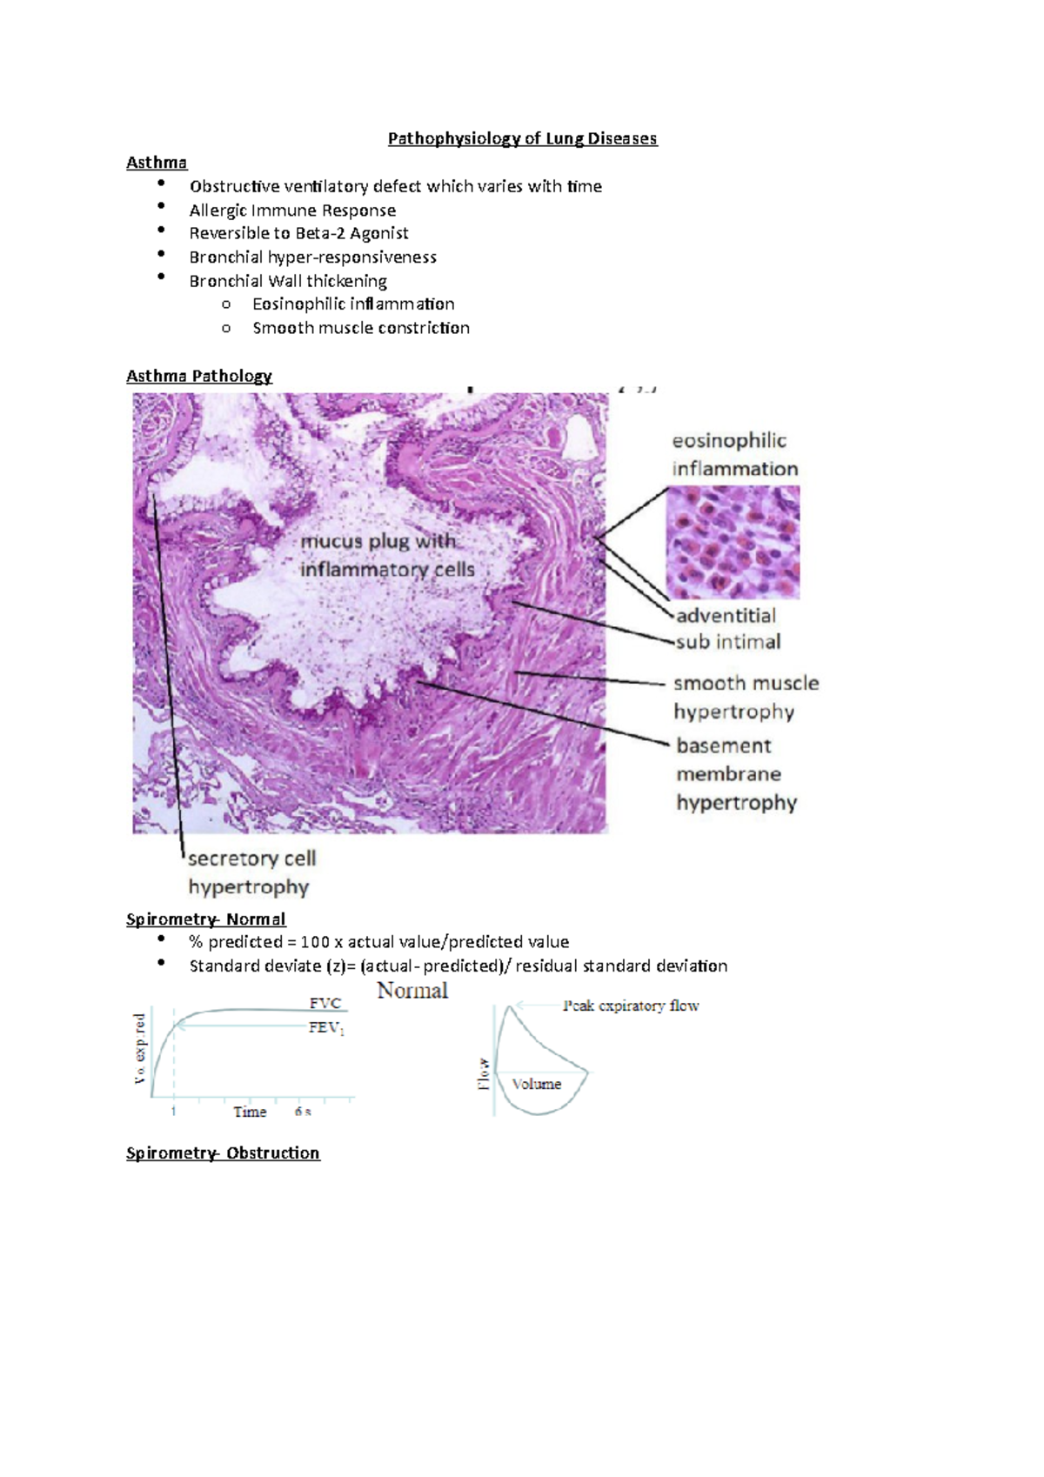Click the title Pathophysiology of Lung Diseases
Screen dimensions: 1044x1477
coord(522,138)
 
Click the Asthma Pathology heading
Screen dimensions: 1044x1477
coord(199,376)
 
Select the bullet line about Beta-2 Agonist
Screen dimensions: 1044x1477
coord(298,233)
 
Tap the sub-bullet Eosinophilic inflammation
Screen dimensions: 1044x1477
coord(353,304)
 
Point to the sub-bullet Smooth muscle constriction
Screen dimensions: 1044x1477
coord(360,328)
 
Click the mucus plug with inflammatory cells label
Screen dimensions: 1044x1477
coord(387,555)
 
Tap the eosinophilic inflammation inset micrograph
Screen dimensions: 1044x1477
coord(733,542)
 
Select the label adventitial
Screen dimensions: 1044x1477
coord(726,616)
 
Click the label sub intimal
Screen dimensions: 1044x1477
coord(728,642)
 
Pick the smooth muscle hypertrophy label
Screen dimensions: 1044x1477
coord(746,697)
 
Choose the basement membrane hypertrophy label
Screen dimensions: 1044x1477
coord(736,774)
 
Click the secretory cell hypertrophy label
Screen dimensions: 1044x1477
coord(251,872)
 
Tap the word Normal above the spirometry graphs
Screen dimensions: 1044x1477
coord(412,990)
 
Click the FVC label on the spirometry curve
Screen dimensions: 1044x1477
coord(325,1003)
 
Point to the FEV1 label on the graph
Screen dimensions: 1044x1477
coord(326,1028)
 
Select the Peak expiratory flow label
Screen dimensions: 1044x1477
coord(631,1006)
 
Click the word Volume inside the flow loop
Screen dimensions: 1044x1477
coord(537,1084)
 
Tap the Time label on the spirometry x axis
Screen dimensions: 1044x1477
coord(250,1112)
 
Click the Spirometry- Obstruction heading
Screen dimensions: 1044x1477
coord(223,1153)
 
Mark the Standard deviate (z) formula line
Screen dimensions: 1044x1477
coord(458,966)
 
